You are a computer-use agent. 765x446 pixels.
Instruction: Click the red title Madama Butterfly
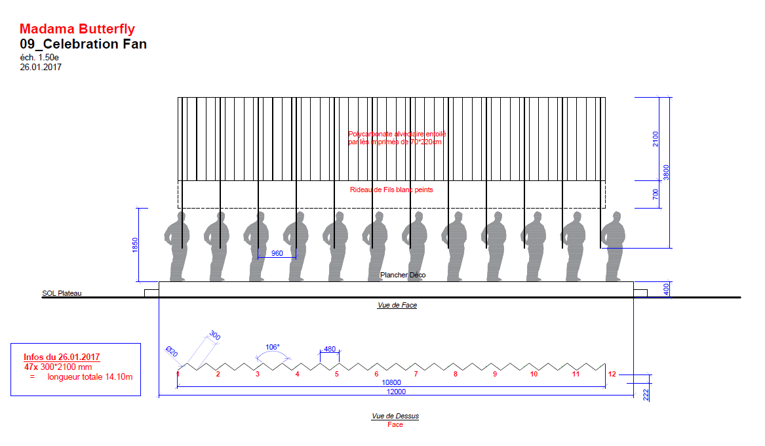pos(77,29)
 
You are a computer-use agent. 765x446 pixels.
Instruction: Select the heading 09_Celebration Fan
pos(83,44)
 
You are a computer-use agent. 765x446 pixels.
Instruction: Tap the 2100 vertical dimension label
pos(656,139)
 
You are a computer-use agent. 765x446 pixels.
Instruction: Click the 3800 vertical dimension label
pos(666,172)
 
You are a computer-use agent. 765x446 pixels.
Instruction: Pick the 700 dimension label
pos(656,194)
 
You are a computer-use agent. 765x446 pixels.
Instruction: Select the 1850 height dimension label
pos(134,244)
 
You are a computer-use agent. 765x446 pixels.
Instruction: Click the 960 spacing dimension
pos(277,253)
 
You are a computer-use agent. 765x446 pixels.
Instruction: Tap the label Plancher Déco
pos(402,275)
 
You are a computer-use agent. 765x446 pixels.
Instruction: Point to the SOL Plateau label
pos(62,293)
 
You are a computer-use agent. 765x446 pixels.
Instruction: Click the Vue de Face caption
pos(397,305)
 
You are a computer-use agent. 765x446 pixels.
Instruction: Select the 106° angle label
pos(273,347)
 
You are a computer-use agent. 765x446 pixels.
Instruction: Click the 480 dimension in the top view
pos(329,349)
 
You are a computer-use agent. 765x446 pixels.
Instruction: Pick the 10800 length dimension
pos(391,382)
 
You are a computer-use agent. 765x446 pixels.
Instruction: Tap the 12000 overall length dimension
pos(395,392)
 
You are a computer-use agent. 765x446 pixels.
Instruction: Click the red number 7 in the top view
pos(416,374)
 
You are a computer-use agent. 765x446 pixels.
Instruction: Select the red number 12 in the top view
pos(612,374)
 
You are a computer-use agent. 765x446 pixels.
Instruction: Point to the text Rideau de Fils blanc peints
pos(391,190)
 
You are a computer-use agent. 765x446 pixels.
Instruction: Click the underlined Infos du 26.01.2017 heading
pos(62,357)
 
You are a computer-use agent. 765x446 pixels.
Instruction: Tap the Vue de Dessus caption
pos(395,416)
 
